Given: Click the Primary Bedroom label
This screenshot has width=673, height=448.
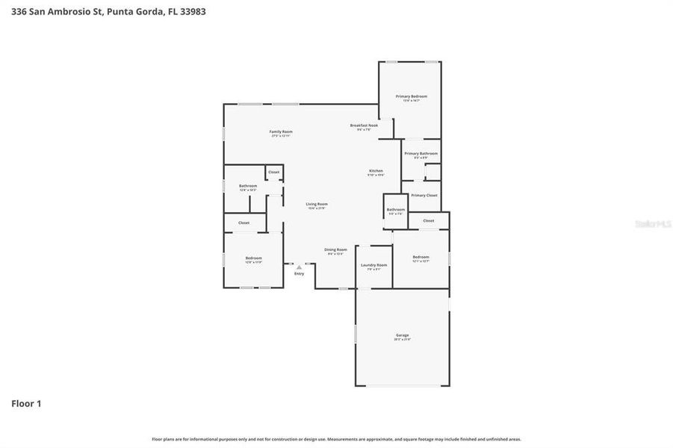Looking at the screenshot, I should click(412, 96).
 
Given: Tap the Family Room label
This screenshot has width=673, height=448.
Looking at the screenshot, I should click(281, 132).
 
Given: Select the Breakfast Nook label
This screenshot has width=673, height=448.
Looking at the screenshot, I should click(364, 125).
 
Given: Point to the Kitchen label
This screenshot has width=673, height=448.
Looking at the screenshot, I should click(376, 171).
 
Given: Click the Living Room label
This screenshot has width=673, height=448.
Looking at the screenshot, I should click(317, 204).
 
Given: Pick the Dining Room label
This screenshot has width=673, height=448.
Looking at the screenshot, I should click(335, 249).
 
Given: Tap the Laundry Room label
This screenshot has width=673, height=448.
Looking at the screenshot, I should click(373, 265).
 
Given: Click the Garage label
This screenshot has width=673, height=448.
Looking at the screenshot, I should click(403, 335).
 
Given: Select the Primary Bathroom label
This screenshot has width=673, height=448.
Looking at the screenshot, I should click(421, 154).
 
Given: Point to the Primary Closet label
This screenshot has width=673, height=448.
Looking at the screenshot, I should click(424, 195).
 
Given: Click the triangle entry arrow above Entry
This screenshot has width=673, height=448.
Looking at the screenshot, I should click(299, 267).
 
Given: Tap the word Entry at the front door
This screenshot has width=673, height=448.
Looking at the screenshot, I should click(299, 274).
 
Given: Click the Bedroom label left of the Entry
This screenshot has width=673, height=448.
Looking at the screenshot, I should click(253, 258).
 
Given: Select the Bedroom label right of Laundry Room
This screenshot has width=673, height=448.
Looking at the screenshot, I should click(421, 257).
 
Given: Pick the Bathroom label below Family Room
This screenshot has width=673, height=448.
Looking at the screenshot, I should click(248, 186).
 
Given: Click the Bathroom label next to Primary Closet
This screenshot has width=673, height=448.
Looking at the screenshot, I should click(395, 209).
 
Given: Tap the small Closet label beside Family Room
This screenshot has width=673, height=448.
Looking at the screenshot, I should click(273, 172).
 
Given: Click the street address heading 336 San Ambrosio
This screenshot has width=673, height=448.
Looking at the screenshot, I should click(108, 11).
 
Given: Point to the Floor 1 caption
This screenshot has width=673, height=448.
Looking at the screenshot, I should click(26, 403).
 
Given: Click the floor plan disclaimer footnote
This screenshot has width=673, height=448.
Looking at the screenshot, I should click(336, 439).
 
